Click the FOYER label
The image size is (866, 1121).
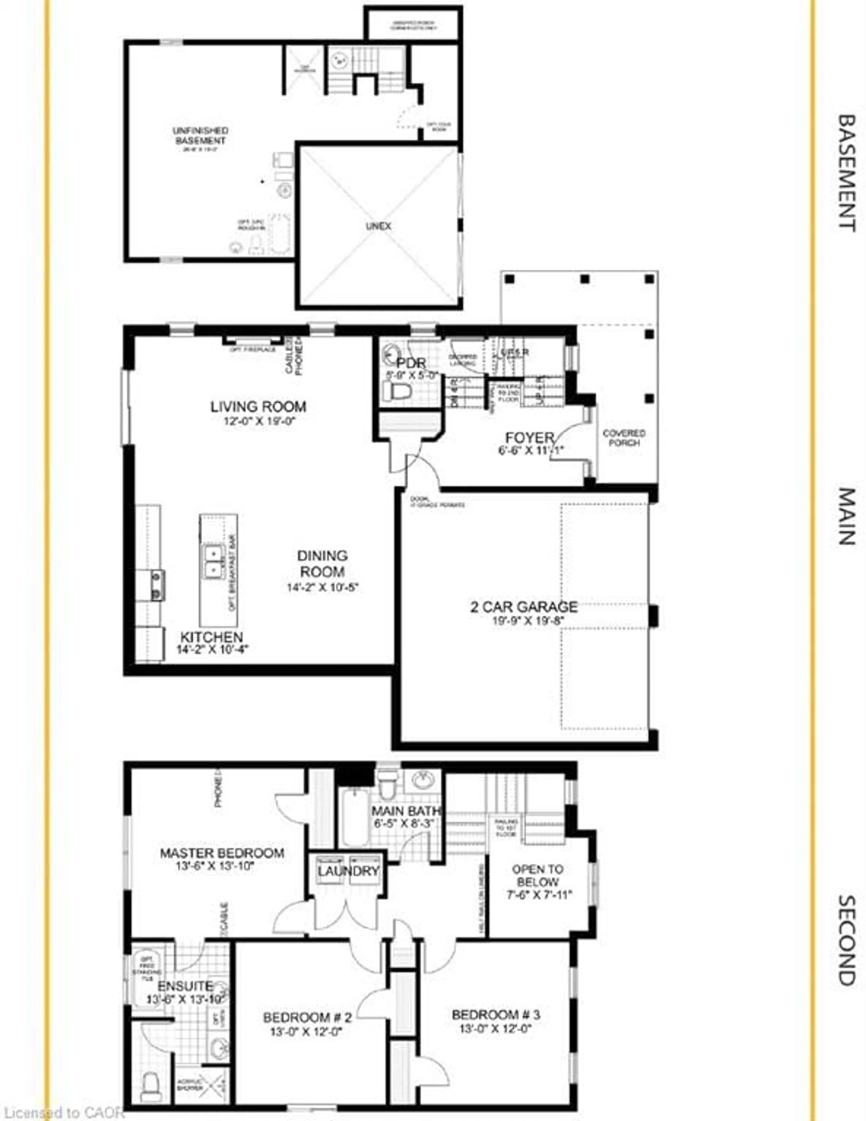pos(530,438)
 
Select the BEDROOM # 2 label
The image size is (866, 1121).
pos(307,1017)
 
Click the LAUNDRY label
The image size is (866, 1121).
pos(348,871)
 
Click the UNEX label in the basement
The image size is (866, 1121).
pos(379,226)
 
